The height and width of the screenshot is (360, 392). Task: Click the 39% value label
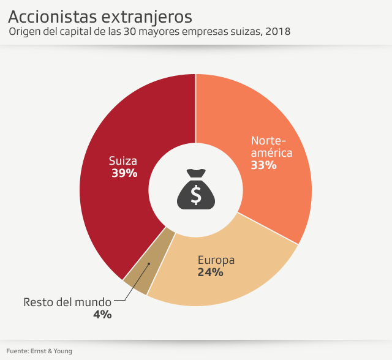(x=124, y=173)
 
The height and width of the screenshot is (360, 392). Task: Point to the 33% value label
(x=264, y=165)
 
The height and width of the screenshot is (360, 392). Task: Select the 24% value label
(x=210, y=272)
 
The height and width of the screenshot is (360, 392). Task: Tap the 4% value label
(x=102, y=315)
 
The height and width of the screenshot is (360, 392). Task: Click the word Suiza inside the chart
(x=123, y=160)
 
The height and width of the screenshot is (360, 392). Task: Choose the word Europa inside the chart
(x=216, y=260)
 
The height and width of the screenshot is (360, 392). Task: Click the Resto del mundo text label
(x=67, y=302)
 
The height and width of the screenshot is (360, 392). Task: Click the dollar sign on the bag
(x=196, y=194)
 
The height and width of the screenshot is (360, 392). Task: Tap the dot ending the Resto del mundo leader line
(x=148, y=264)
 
